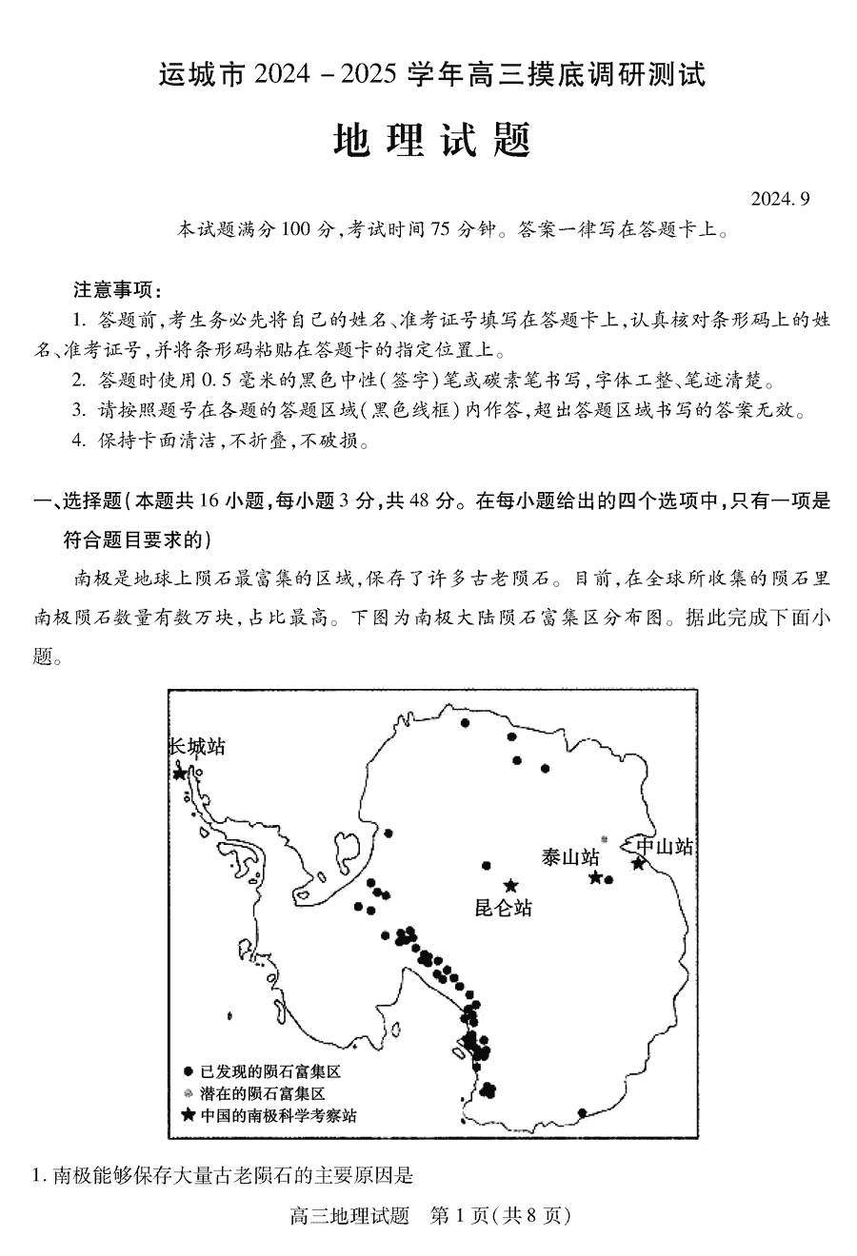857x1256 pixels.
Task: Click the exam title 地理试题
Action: (430, 141)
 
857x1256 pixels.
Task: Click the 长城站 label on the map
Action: (197, 747)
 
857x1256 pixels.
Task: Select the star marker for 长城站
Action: (180, 773)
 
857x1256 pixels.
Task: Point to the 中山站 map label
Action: (665, 846)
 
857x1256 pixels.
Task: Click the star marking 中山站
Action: (638, 864)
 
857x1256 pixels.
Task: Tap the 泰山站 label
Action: (569, 856)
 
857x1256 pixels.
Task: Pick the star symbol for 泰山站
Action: (595, 877)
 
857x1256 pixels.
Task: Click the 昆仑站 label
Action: (503, 908)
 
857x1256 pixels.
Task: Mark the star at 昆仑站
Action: (511, 886)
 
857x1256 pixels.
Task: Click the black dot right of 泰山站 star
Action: (609, 879)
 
